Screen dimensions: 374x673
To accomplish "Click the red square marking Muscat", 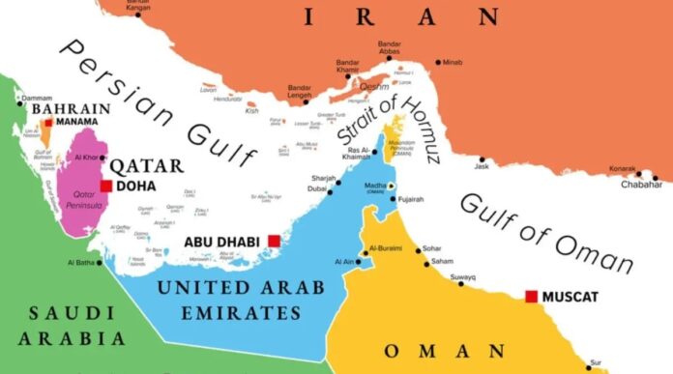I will point(530,296).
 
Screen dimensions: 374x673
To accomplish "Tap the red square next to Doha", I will point(106,187).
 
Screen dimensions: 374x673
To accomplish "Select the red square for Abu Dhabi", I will point(275,241).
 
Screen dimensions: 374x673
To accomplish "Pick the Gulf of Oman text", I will point(546,231).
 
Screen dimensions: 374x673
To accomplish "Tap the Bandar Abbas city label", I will point(390,48).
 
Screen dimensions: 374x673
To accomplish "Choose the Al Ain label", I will point(343,261).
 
